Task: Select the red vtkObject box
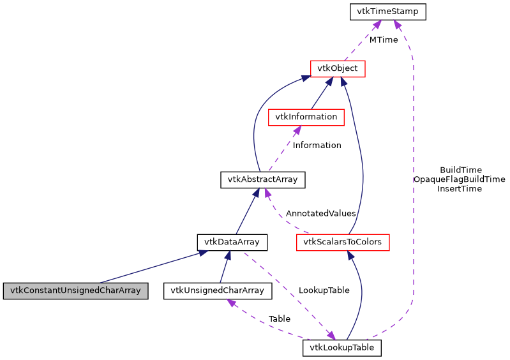(x=337, y=68)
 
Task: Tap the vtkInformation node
(x=306, y=117)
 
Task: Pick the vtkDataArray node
(x=232, y=242)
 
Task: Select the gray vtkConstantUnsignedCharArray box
(x=76, y=290)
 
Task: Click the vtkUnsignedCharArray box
(x=218, y=290)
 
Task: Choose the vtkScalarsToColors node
(x=343, y=242)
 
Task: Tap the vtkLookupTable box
(x=341, y=348)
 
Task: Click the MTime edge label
(x=383, y=40)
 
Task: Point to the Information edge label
(x=317, y=145)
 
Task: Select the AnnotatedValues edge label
(x=320, y=213)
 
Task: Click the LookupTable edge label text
(x=324, y=290)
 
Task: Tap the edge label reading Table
(x=279, y=318)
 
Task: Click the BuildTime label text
(x=460, y=170)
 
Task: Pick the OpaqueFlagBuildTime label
(x=459, y=179)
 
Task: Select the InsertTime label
(x=460, y=188)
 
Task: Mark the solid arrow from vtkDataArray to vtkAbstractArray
(x=247, y=211)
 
